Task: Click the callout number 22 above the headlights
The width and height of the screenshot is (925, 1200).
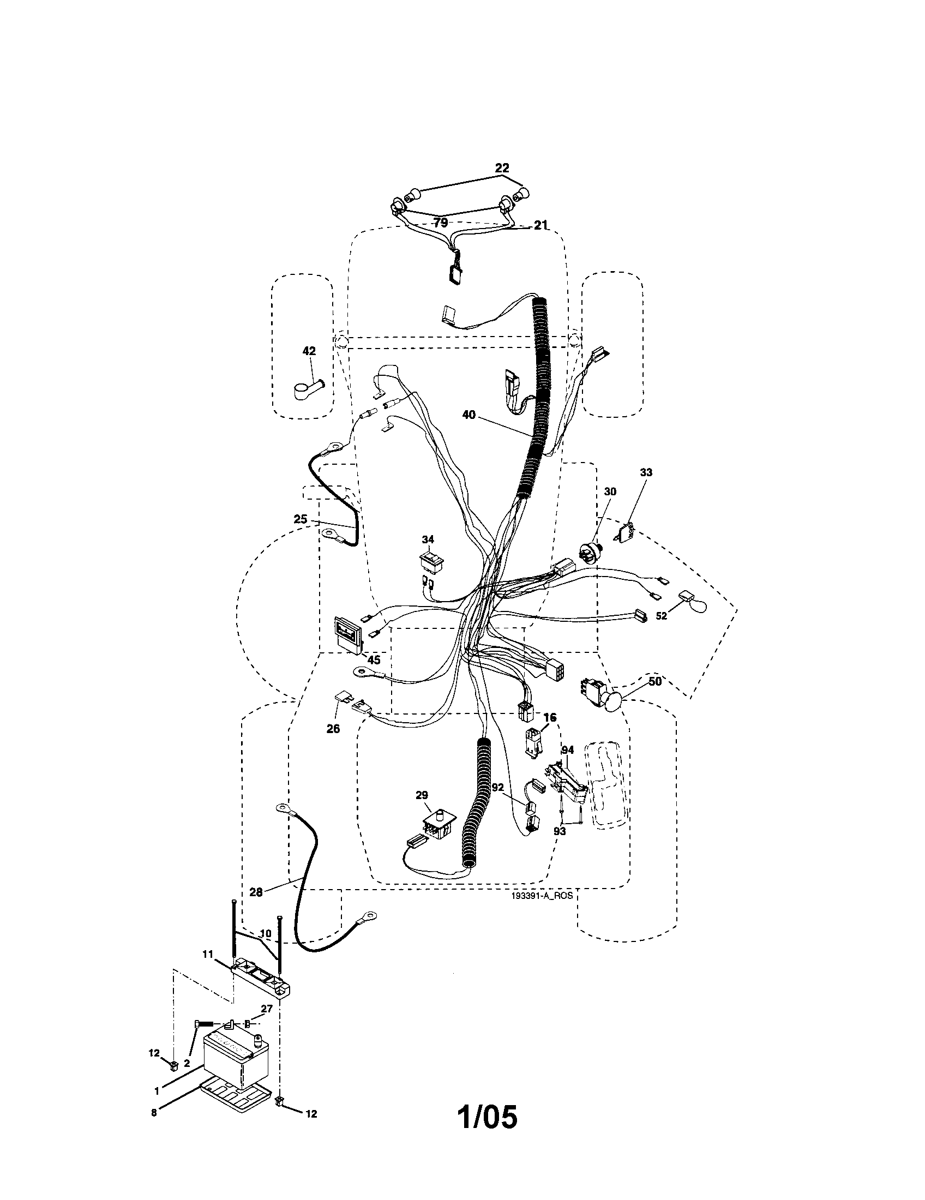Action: coord(502,168)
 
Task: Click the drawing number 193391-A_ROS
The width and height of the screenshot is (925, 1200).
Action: coord(541,895)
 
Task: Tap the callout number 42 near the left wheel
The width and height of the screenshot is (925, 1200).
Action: coord(309,351)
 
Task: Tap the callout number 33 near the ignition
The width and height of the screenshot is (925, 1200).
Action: coord(646,472)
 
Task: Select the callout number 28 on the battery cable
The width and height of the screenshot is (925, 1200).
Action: coord(256,892)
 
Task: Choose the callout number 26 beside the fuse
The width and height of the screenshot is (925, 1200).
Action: coord(333,729)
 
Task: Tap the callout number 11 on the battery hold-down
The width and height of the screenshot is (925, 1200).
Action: coord(207,955)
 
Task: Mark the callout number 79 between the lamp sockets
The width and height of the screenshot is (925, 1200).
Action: coord(440,223)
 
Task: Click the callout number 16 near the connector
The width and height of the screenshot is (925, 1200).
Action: coord(550,718)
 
